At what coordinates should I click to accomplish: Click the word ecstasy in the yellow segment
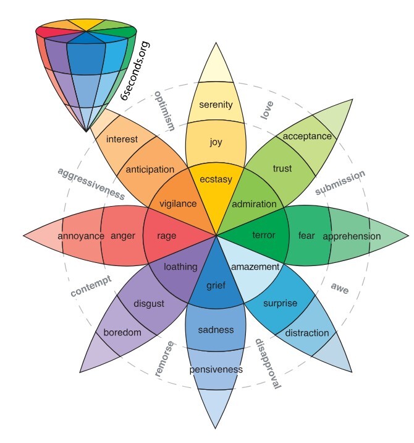tap(215, 179)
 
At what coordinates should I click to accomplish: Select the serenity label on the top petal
tap(215, 105)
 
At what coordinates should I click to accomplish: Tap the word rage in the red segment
tap(167, 236)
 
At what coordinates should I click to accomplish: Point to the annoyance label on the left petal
tap(81, 236)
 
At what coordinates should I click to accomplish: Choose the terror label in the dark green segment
tap(264, 235)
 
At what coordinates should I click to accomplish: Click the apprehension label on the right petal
tap(352, 236)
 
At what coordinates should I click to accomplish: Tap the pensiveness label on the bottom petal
tap(216, 369)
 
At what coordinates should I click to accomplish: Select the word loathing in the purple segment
tap(180, 267)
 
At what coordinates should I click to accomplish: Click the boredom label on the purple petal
tap(122, 332)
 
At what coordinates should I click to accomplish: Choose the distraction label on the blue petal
tap(307, 333)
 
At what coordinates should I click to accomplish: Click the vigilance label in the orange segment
tap(178, 203)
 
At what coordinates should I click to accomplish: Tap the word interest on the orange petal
tap(122, 139)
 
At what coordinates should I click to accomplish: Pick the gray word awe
tap(340, 286)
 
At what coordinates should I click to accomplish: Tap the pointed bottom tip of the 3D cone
tap(86, 131)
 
